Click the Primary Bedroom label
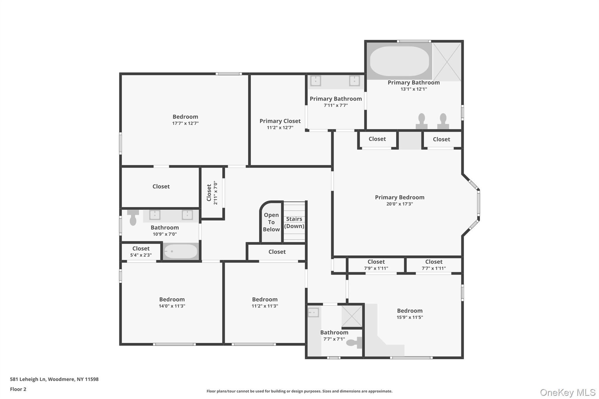[x=400, y=197]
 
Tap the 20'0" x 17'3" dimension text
[x=400, y=204]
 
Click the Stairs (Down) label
[x=294, y=222]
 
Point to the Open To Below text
[x=271, y=222]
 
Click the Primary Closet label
[x=280, y=121]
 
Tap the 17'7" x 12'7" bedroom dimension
[x=185, y=123]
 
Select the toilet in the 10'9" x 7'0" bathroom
[x=133, y=217]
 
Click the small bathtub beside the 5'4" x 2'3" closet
[x=180, y=251]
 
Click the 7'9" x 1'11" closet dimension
[x=376, y=268]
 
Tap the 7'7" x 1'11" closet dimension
[x=434, y=268]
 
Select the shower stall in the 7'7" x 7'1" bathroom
[x=352, y=316]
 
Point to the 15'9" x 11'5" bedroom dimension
[x=410, y=317]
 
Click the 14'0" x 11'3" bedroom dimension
[x=172, y=306]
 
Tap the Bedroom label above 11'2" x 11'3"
[x=265, y=299]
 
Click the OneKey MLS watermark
[x=567, y=392]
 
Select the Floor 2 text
[x=18, y=389]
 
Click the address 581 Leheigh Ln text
[x=54, y=379]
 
